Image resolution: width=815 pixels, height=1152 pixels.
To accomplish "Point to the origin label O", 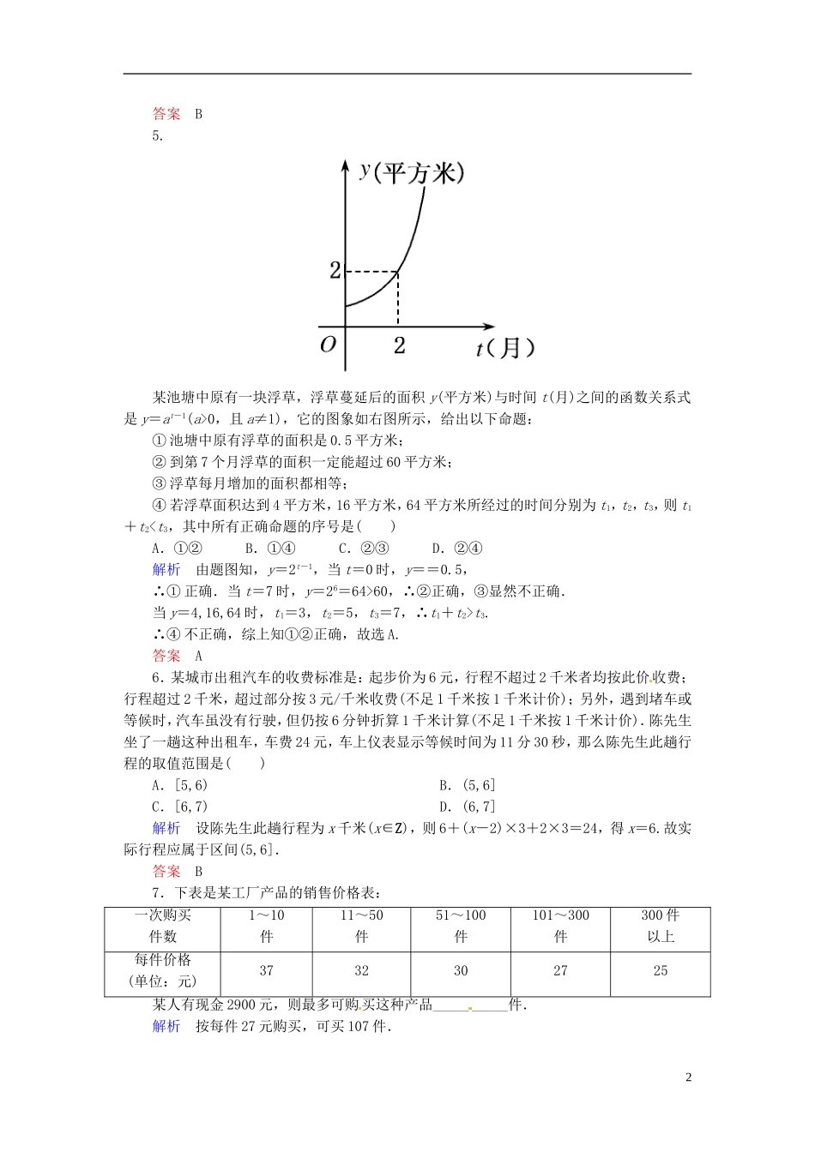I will (328, 345).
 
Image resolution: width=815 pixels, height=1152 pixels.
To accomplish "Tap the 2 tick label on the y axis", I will (335, 271).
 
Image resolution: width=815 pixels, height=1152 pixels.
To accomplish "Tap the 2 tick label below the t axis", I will (399, 345).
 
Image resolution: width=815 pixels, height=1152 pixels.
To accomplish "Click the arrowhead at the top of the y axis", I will (346, 163).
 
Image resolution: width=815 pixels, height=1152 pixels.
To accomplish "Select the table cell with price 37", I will (266, 971).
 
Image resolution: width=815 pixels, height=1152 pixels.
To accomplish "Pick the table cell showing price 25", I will (660, 971).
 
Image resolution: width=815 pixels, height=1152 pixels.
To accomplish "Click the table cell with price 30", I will (461, 971).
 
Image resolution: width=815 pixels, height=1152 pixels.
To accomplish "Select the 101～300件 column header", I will (560, 926).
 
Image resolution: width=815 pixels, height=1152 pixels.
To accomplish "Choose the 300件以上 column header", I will (660, 926).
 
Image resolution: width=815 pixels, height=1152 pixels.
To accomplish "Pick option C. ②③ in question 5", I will (364, 549).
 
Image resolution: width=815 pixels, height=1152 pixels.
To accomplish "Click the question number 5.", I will (157, 135).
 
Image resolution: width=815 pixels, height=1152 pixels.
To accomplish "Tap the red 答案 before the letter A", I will (166, 656).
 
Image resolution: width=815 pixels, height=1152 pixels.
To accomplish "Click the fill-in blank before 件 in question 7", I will (470, 1005).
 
